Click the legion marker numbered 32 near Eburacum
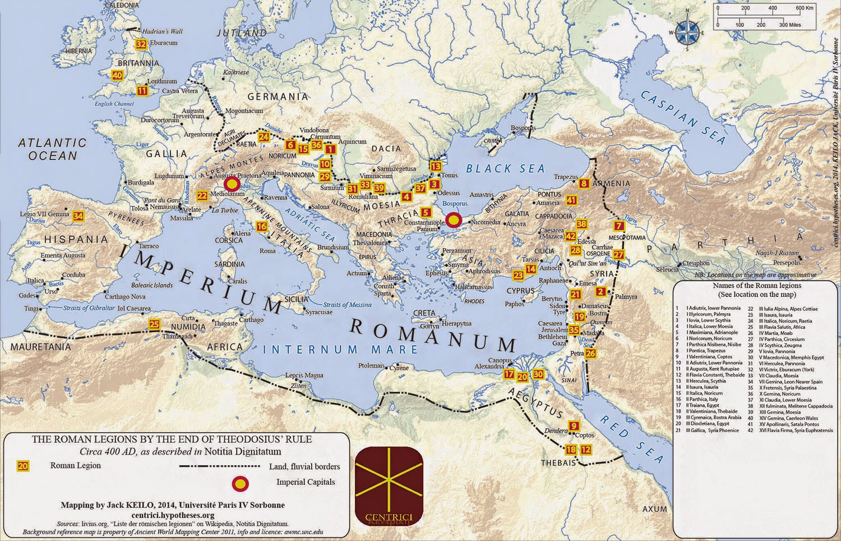click(x=141, y=44)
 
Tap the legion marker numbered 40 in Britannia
click(x=117, y=75)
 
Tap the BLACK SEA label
click(x=505, y=168)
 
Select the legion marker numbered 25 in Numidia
click(x=154, y=324)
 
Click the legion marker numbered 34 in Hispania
click(x=78, y=216)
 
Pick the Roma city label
click(x=267, y=251)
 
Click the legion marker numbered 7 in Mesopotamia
click(x=619, y=226)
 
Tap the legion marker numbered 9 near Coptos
click(x=574, y=425)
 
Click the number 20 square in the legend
click(x=23, y=466)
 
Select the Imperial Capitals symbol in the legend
click(x=240, y=482)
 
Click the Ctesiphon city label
click(x=696, y=263)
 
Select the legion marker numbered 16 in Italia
click(x=261, y=227)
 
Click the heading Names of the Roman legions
click(x=753, y=286)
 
